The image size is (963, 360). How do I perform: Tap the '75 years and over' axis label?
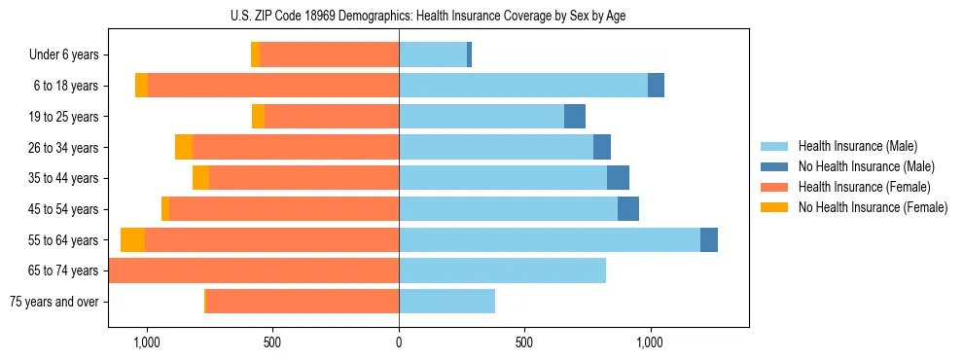pos(53,302)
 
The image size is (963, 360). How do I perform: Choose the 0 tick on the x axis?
pos(399,342)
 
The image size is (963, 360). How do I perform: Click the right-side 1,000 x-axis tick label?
pos(650,342)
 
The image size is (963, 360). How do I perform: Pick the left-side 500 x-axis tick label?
pos(272,342)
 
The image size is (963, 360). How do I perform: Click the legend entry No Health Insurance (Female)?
pos(873,207)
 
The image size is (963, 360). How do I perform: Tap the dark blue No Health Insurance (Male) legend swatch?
pos(774,166)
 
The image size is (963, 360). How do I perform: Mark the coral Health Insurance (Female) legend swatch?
pos(774,187)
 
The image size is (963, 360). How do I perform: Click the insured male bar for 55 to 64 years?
pos(549,240)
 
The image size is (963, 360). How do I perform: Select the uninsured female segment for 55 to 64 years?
pos(132,240)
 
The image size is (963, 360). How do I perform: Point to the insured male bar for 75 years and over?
pos(446,302)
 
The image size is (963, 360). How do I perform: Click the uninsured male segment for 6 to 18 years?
pos(656,86)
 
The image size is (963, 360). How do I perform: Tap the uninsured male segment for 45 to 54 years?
pos(628,209)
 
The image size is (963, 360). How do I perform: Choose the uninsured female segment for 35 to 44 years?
pos(200,178)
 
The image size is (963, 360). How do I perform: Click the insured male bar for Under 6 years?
pos(433,55)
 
